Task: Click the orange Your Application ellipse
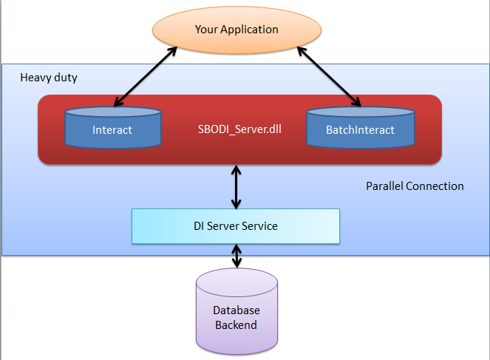237,30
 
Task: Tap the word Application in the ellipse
249,30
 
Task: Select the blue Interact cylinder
113,127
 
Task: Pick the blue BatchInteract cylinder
361,127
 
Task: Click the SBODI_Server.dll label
239,129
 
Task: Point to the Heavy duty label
49,78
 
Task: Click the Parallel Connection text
415,186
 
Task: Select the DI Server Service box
236,226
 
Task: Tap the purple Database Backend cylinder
237,311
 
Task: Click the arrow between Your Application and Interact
146,77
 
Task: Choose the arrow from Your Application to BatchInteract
329,77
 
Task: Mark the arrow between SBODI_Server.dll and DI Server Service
237,187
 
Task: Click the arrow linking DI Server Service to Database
237,256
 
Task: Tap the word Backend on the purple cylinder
236,325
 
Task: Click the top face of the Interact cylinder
113,112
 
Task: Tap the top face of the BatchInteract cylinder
361,112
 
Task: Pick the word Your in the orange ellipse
206,30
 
